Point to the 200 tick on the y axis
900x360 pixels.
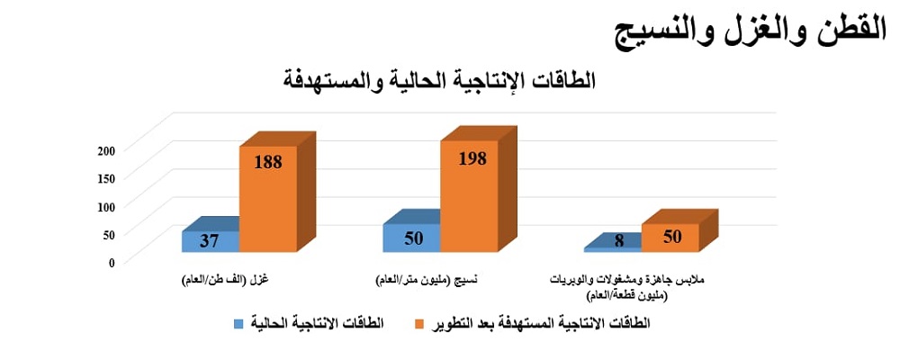pyautogui.click(x=107, y=150)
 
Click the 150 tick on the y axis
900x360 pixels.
pyautogui.click(x=107, y=178)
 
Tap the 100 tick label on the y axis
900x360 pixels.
pyautogui.click(x=107, y=206)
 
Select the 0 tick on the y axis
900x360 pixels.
pyautogui.click(x=112, y=262)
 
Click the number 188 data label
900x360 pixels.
pyautogui.click(x=268, y=162)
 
